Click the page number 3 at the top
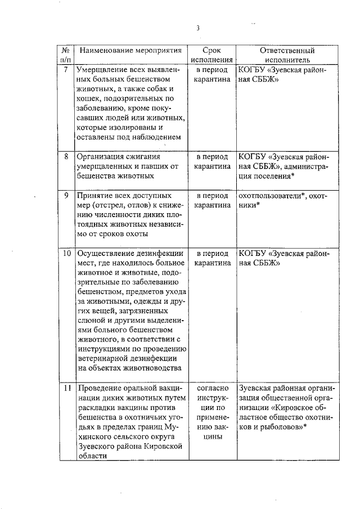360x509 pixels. tap(198, 28)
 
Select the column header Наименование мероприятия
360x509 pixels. tap(130, 50)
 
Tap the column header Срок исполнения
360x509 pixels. tap(211, 55)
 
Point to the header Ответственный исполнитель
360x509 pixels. tap(286, 55)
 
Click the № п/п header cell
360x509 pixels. tap(65, 55)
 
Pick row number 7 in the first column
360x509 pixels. tap(66, 70)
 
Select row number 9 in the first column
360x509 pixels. tap(66, 196)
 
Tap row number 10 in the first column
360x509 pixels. tap(66, 253)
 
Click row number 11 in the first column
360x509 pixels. tap(66, 388)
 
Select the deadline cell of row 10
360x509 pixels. tap(211, 258)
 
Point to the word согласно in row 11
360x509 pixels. tap(211, 388)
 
